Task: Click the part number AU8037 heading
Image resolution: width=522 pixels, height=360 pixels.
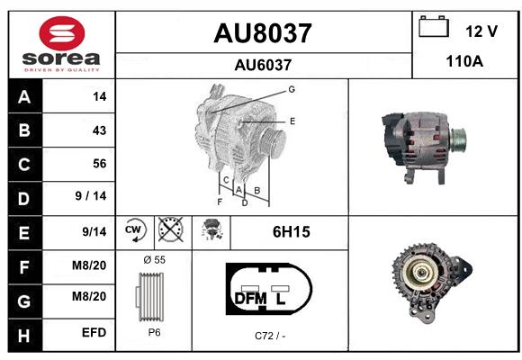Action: tap(263, 33)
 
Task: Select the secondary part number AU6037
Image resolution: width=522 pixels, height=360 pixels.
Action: tap(263, 65)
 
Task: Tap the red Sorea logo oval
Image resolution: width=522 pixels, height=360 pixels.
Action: tap(62, 33)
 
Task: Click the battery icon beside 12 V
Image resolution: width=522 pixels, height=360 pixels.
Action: tap(434, 26)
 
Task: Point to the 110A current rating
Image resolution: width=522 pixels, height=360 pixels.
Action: tap(464, 61)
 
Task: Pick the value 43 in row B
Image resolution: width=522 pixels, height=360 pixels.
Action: tap(99, 130)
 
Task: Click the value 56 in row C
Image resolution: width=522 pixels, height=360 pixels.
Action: tap(100, 164)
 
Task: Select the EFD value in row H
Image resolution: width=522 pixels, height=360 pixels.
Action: tap(94, 332)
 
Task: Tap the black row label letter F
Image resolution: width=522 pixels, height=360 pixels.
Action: tap(24, 267)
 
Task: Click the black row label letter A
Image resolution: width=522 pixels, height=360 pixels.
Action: tap(24, 97)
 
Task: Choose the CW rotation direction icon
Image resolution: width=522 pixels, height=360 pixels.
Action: tap(134, 229)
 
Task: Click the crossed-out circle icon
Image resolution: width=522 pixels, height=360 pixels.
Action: tap(170, 229)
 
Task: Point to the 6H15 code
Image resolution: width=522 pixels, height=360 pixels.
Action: tap(292, 232)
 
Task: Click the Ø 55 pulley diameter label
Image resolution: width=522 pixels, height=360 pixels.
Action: tap(155, 260)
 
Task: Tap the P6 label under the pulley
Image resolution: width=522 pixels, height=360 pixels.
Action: tap(155, 332)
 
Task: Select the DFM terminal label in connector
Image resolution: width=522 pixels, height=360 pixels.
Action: tap(251, 299)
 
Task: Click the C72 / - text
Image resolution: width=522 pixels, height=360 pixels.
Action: tap(270, 336)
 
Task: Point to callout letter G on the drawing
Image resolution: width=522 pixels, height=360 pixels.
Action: tap(292, 89)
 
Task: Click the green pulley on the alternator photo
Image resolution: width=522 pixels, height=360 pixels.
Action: tap(458, 139)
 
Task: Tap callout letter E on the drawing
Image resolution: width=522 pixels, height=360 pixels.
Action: tap(292, 121)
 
